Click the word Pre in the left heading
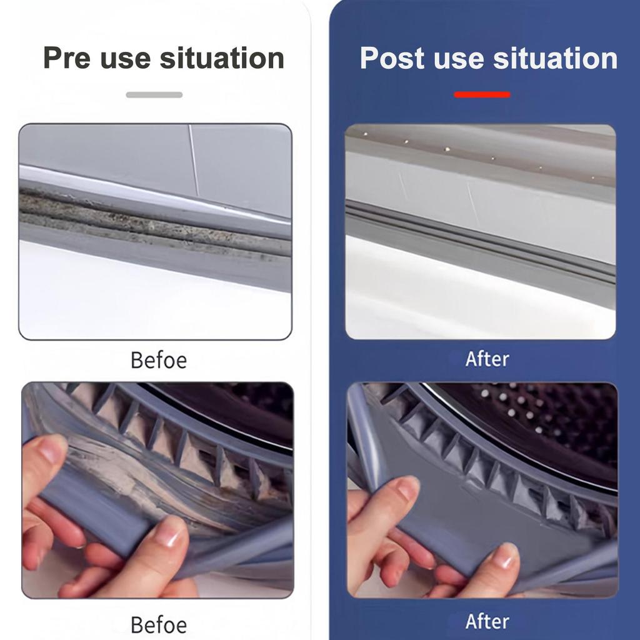pos(66,58)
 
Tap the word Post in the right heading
pos(392,58)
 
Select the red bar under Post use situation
pos(482,95)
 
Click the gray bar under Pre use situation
pos(154,95)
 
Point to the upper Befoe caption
pos(159,361)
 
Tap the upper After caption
pos(487,359)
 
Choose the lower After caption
pos(487,622)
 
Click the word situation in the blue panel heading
pos(555,58)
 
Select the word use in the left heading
pos(125,60)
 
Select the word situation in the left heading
pos(222,58)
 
